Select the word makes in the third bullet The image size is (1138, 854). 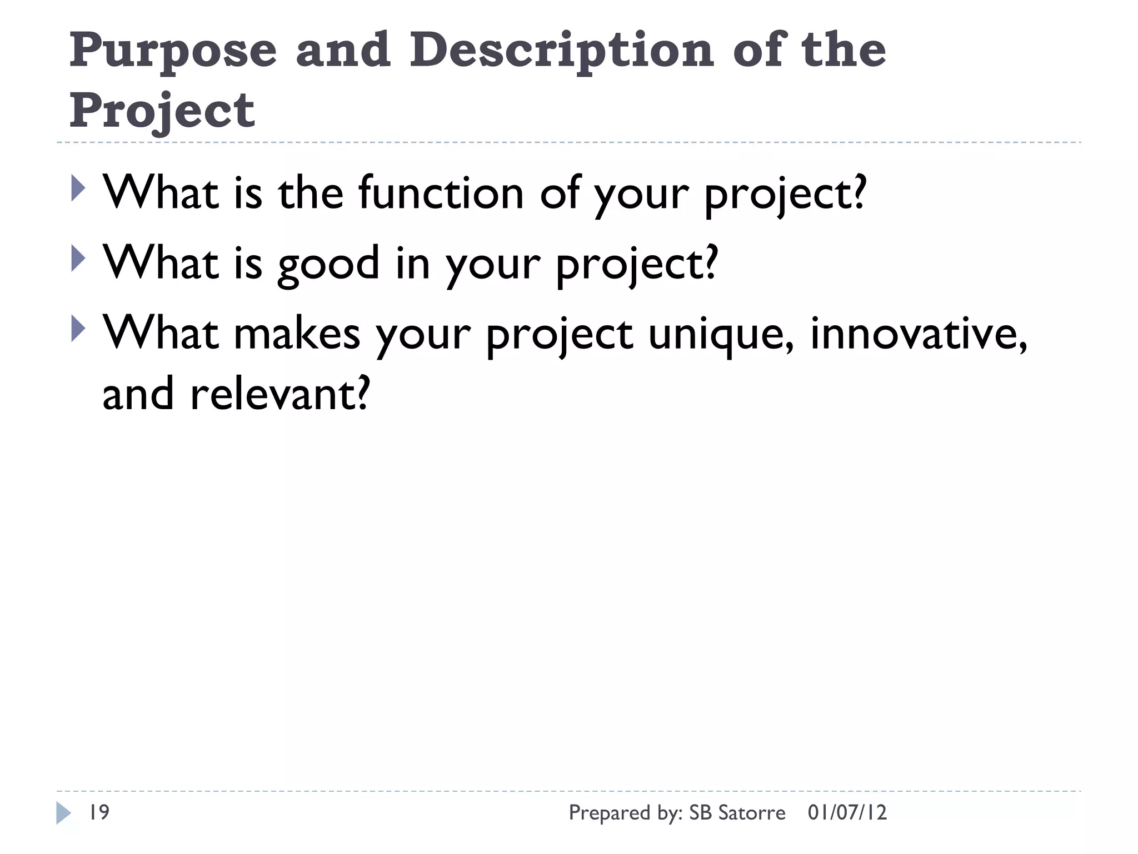[297, 334]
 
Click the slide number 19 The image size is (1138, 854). [99, 812]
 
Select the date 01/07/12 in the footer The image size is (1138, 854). [847, 812]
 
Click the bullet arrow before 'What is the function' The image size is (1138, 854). [78, 188]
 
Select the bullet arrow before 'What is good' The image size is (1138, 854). [78, 259]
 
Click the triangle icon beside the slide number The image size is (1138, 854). [63, 813]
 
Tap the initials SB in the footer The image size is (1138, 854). [700, 812]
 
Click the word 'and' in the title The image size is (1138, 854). [343, 50]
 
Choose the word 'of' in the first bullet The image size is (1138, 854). [560, 193]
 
